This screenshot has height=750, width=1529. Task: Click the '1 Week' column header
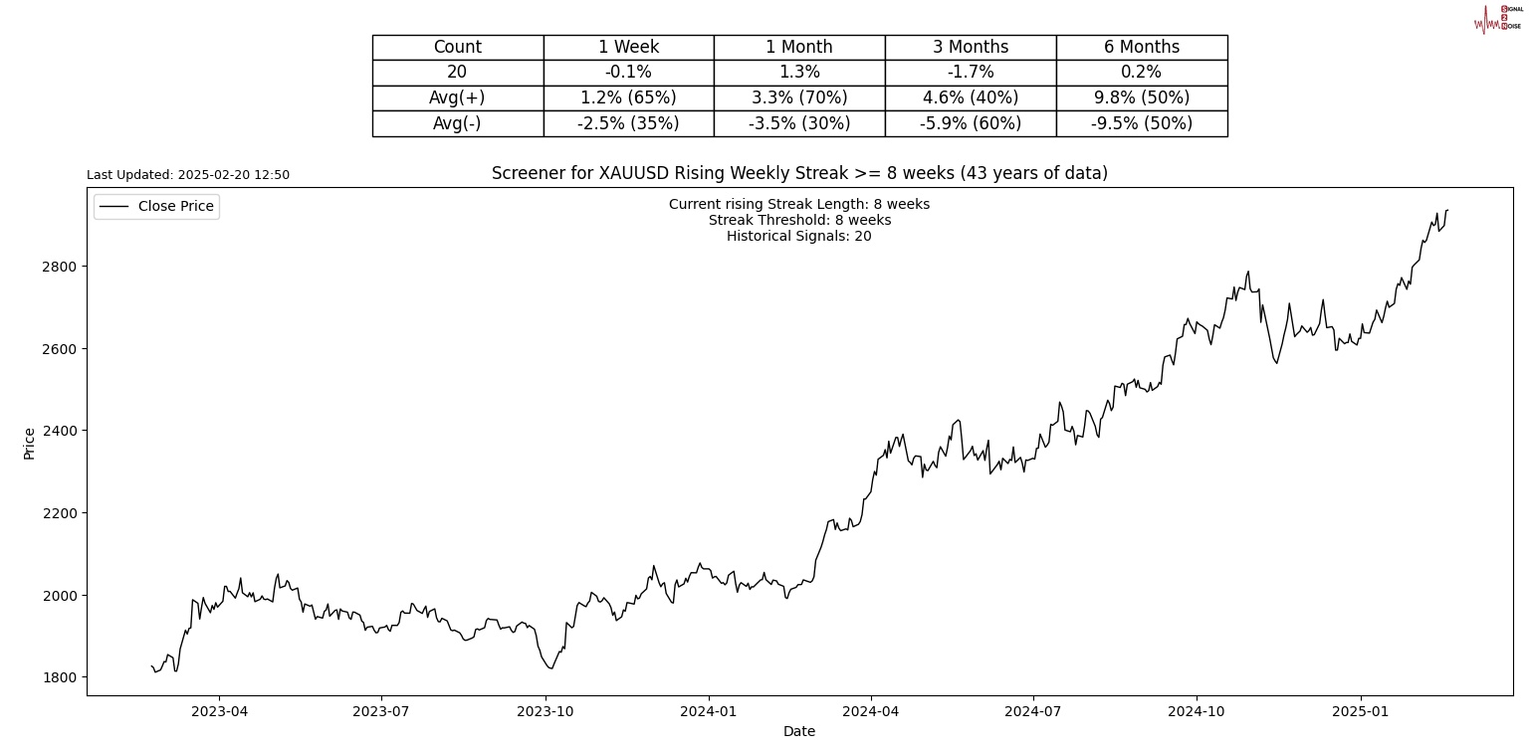(628, 47)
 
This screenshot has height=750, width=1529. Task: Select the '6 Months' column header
(1141, 47)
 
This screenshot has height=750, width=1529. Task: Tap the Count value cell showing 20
(457, 73)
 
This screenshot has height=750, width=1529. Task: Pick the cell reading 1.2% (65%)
(628, 97)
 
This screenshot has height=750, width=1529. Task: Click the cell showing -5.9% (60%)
(970, 123)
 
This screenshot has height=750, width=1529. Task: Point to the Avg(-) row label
(457, 123)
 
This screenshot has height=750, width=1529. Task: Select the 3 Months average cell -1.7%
(970, 73)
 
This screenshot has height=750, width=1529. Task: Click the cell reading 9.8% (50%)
(1141, 97)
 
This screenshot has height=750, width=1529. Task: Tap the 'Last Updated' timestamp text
(188, 175)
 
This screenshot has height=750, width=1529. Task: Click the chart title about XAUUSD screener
(799, 173)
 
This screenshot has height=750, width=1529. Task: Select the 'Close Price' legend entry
(175, 207)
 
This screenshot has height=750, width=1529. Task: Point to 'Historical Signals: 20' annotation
(798, 237)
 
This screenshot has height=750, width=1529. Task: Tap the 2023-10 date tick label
(545, 712)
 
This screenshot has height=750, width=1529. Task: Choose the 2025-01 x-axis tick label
(1360, 712)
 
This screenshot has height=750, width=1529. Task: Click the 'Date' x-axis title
(798, 732)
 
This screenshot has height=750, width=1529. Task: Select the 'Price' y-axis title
(30, 443)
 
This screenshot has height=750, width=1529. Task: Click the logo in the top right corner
(1497, 18)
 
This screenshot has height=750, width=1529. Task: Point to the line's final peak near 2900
(1446, 210)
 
